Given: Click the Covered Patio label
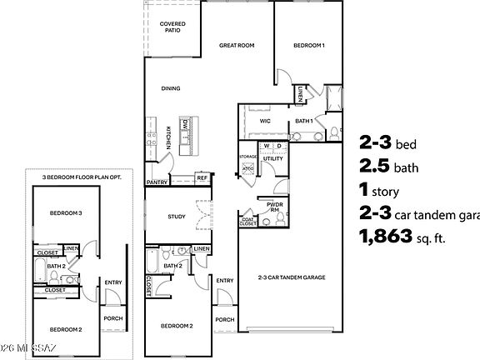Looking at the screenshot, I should (172, 27).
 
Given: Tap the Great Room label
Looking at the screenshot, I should (237, 45).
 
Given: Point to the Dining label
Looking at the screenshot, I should (171, 87).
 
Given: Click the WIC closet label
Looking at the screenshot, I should (265, 121).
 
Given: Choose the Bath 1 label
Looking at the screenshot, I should (304, 121).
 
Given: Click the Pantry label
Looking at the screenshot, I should (157, 181).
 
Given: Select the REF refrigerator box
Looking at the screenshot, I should (202, 178).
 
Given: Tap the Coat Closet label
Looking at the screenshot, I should (248, 221).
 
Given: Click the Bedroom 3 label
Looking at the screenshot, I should (64, 212).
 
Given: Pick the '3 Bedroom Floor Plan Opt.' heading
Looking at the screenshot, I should (75, 177).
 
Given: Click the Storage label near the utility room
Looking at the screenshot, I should (248, 156).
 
